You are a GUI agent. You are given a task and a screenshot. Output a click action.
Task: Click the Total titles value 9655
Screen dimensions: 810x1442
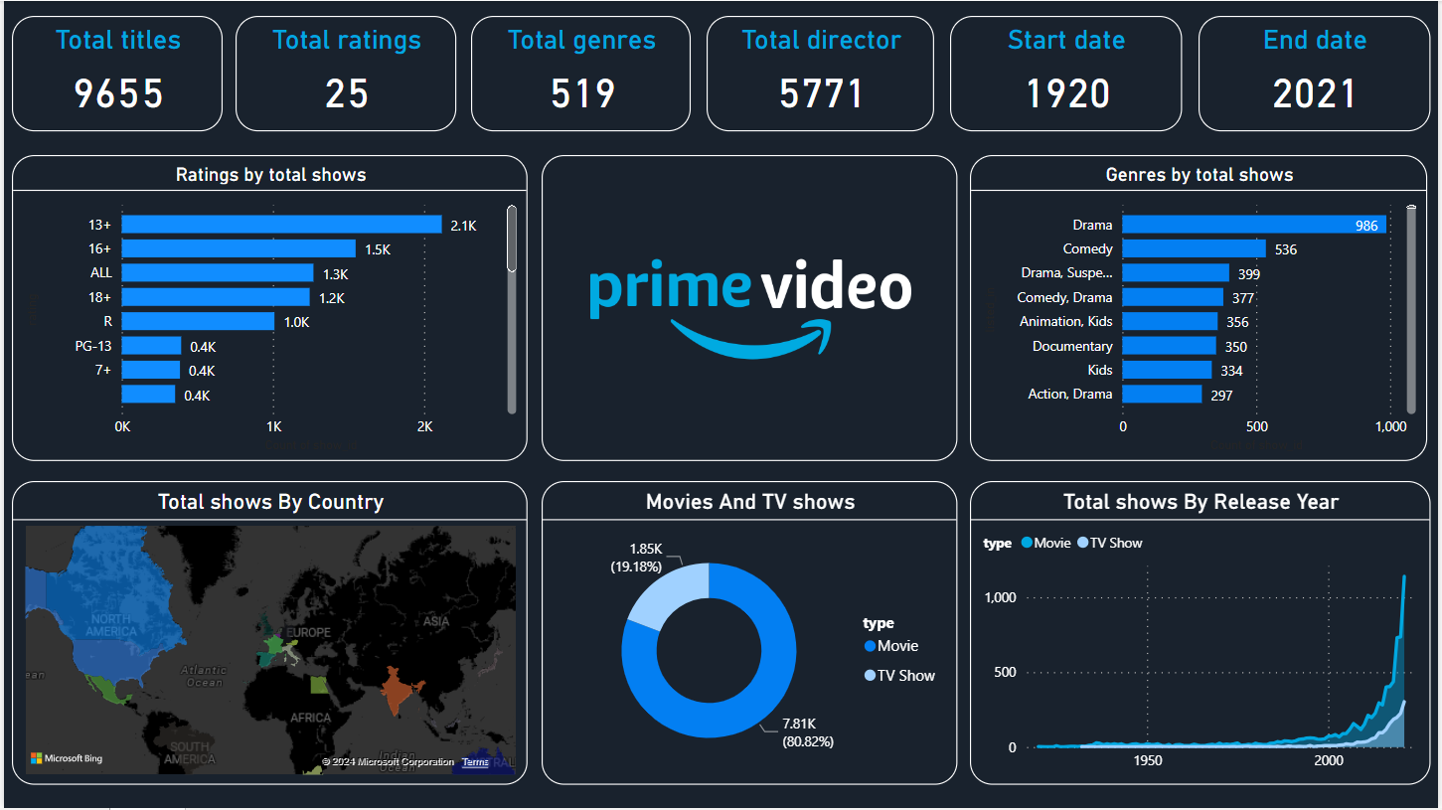click(x=118, y=94)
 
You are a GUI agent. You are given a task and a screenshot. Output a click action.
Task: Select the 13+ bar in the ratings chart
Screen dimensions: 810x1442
click(x=281, y=225)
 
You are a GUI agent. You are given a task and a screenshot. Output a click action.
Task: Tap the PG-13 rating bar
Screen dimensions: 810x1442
click(x=151, y=346)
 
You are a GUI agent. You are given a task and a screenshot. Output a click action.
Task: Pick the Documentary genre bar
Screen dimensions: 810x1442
click(x=1169, y=346)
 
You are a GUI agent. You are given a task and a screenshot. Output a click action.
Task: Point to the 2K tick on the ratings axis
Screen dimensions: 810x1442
click(x=424, y=427)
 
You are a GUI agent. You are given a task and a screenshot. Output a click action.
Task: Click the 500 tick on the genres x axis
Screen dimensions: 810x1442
click(x=1257, y=426)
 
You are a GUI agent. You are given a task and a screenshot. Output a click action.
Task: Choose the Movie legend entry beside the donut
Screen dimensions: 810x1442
click(x=897, y=646)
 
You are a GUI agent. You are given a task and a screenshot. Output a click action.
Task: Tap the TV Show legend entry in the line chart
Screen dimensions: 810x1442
click(x=1115, y=544)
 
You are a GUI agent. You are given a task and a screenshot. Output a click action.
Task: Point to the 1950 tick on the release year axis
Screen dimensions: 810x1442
click(x=1147, y=760)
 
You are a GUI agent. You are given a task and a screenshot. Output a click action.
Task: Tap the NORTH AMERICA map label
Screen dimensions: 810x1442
click(x=110, y=625)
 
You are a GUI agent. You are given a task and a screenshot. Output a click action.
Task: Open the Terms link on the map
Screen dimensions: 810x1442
click(x=475, y=762)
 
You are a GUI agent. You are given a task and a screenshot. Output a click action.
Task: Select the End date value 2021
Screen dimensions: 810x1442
click(x=1314, y=94)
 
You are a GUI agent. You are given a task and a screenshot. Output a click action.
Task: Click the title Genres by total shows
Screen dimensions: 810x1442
click(x=1199, y=175)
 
